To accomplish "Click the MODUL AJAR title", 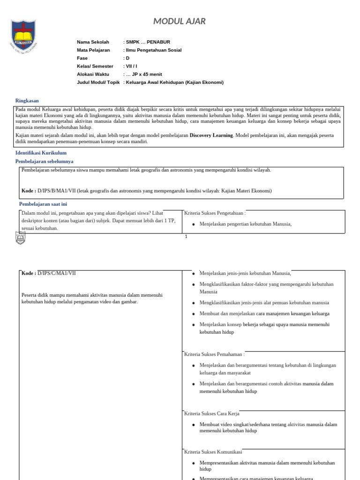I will pyautogui.click(x=180, y=22).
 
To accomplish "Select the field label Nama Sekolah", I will pyautogui.click(x=93, y=42).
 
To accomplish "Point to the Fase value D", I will pyautogui.click(x=127, y=58).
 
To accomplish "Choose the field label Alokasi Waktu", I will pyautogui.click(x=93, y=74).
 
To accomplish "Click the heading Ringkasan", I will pyautogui.click(x=27, y=100).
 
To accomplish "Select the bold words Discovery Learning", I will pyautogui.click(x=211, y=135).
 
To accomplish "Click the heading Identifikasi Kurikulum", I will pyautogui.click(x=41, y=153).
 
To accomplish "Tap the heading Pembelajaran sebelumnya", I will pyautogui.click(x=44, y=161).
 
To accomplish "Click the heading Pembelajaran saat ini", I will pyautogui.click(x=43, y=204).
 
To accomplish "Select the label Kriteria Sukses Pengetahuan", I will pyautogui.click(x=214, y=213).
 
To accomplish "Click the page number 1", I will pyautogui.click(x=186, y=237).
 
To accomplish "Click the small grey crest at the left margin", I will pyautogui.click(x=21, y=238).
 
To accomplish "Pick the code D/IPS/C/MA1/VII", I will pyautogui.click(x=56, y=273).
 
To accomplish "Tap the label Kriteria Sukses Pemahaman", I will pyautogui.click(x=214, y=354).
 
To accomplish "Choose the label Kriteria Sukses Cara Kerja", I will pyautogui.click(x=212, y=413).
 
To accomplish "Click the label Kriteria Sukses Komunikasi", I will pyautogui.click(x=213, y=452).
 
